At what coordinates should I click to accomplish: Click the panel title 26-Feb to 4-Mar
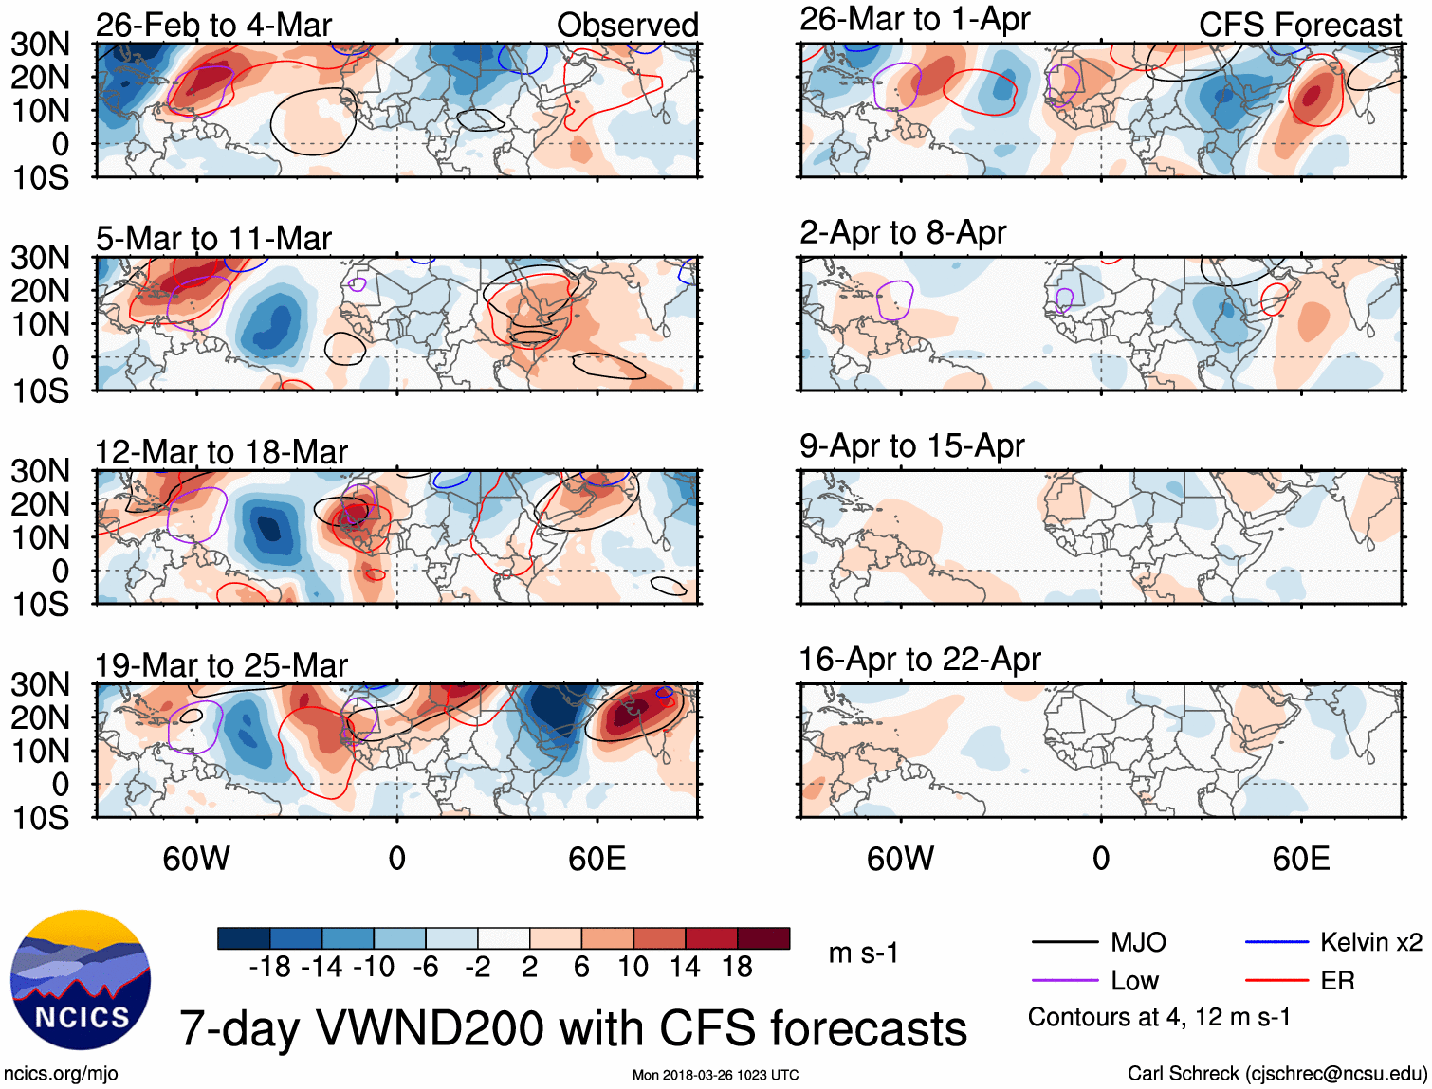(x=213, y=25)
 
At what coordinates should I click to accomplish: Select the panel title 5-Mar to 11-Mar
(x=213, y=238)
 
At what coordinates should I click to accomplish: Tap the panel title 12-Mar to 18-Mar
(x=221, y=452)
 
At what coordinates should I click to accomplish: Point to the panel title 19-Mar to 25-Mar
(x=221, y=665)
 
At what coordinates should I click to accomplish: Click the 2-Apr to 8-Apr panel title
(x=902, y=232)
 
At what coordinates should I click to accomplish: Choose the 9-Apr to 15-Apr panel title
(x=911, y=445)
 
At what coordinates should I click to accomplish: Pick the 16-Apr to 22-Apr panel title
(x=920, y=659)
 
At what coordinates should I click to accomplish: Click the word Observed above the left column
(x=627, y=25)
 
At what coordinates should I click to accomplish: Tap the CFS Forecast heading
(x=1299, y=25)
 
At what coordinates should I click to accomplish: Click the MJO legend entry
(x=1138, y=942)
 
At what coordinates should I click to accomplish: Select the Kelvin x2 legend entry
(x=1370, y=942)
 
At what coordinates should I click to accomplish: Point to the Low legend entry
(x=1134, y=981)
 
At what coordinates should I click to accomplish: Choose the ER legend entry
(x=1337, y=981)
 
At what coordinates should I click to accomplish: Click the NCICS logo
(x=81, y=980)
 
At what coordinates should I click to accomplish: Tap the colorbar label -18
(x=270, y=967)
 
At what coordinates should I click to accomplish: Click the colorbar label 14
(x=685, y=967)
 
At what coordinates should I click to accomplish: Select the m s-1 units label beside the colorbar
(x=863, y=953)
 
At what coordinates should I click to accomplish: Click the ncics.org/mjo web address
(x=61, y=1073)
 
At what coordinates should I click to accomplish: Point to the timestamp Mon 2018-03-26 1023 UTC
(x=715, y=1075)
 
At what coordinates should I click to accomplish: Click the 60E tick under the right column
(x=1301, y=859)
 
